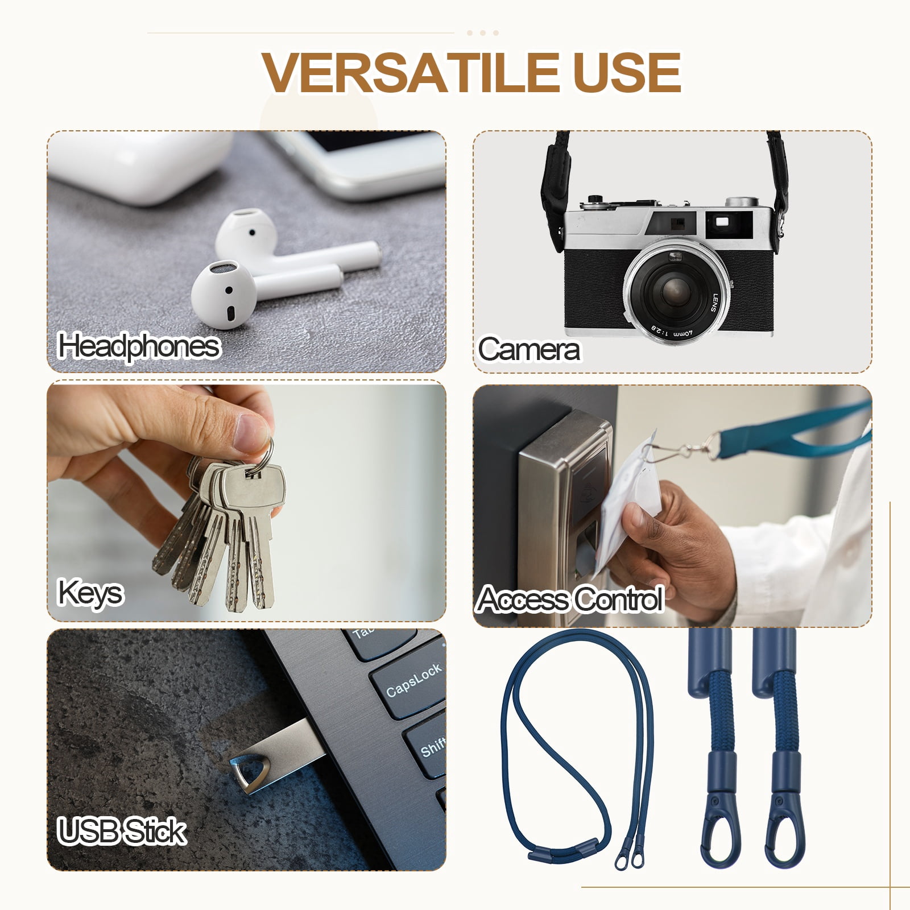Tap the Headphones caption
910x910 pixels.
tap(139, 346)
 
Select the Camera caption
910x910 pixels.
tap(529, 349)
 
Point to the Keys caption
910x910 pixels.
tap(90, 593)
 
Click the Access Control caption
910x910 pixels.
tap(570, 599)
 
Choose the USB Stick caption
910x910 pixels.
tap(122, 831)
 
